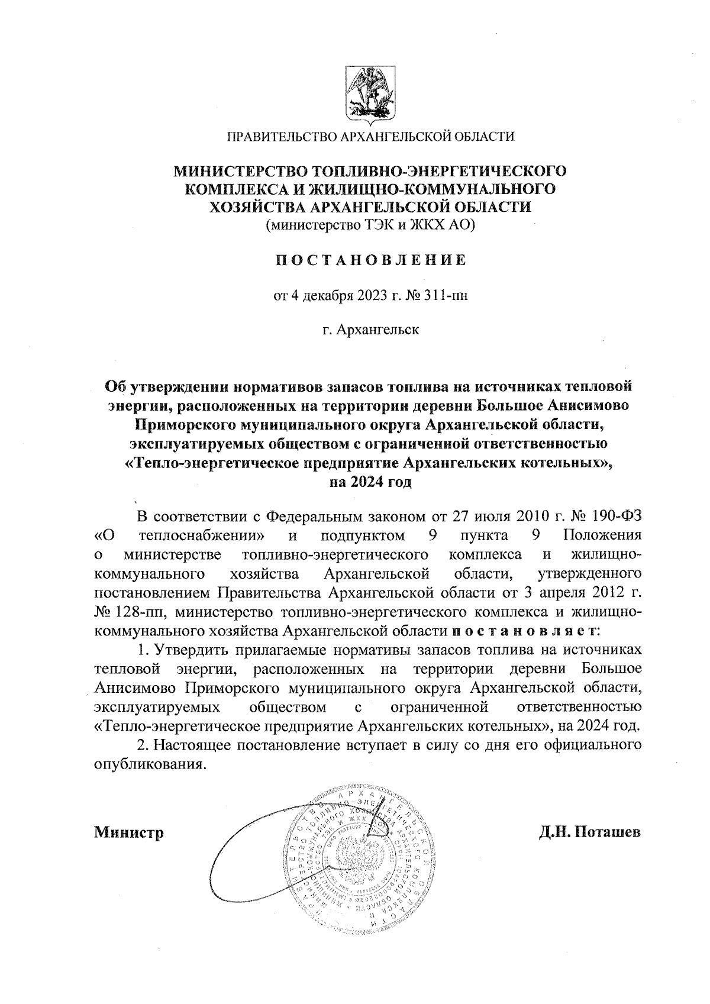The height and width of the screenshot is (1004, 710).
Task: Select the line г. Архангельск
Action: tap(370, 329)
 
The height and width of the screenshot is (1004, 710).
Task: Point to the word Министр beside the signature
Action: tap(128, 832)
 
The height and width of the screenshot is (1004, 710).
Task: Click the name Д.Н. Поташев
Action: tap(589, 832)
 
